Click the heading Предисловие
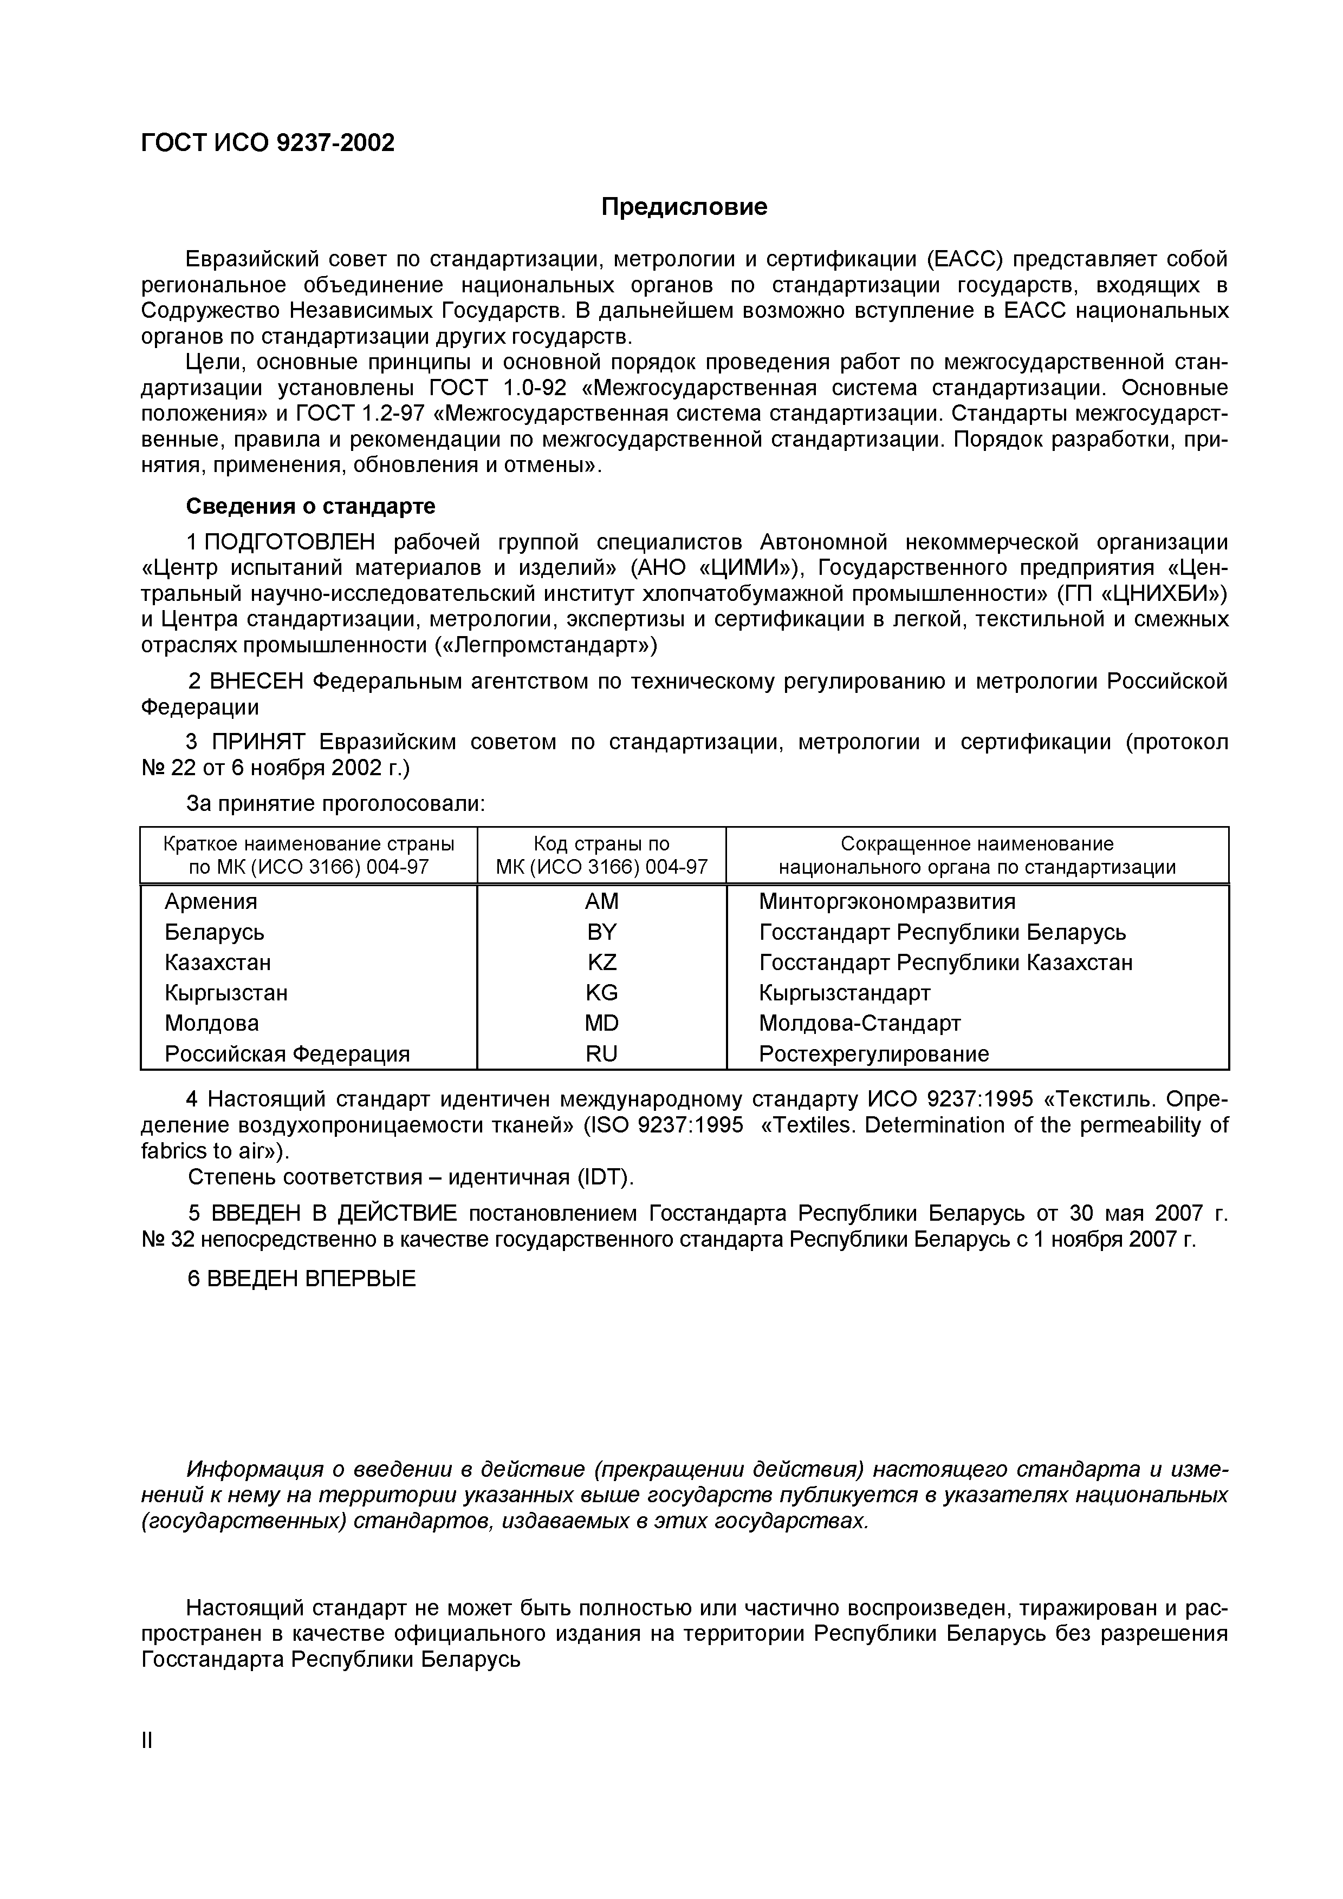(x=684, y=207)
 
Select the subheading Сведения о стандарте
(x=310, y=506)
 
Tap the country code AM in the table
(x=601, y=901)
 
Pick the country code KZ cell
(x=601, y=962)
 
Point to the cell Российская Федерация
(x=287, y=1055)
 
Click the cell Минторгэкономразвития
(x=887, y=901)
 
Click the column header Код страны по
(x=601, y=843)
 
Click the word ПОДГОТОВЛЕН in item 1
(x=290, y=542)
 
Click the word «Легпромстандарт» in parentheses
(x=546, y=645)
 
